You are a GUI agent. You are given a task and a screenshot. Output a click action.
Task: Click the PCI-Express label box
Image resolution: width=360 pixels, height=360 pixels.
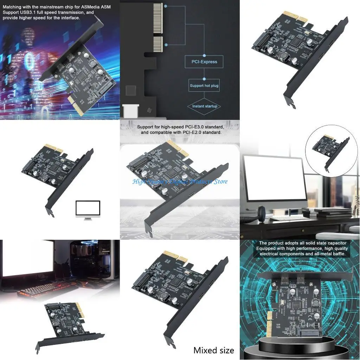tap(204, 62)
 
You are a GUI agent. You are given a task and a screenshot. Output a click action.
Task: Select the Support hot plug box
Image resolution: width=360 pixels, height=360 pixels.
tap(204, 85)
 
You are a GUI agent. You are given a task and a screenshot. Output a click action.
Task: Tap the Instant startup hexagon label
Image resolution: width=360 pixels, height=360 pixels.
tap(204, 106)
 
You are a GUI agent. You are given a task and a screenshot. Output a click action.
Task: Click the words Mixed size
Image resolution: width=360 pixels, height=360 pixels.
tap(213, 350)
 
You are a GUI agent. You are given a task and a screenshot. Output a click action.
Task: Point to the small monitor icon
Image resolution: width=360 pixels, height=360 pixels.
tap(88, 209)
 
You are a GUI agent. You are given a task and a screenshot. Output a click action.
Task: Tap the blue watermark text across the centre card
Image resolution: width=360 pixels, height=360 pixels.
tap(180, 181)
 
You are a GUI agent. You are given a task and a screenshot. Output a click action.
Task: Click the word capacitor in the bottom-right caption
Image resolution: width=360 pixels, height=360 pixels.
tap(332, 243)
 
